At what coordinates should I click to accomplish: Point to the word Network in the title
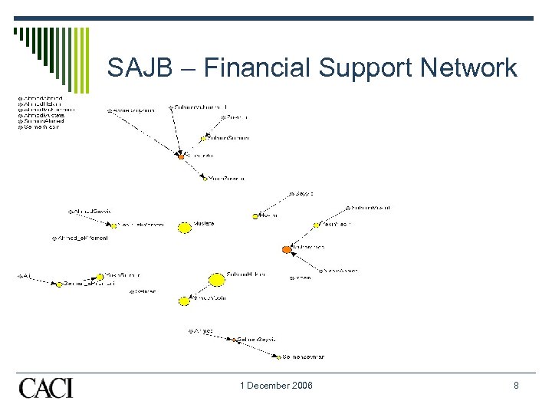(471, 67)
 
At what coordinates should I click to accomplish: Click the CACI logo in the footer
(46, 387)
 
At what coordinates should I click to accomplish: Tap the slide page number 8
(516, 386)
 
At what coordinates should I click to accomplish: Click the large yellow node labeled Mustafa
(185, 228)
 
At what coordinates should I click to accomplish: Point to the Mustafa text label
(204, 224)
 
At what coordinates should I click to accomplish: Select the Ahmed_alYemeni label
(82, 238)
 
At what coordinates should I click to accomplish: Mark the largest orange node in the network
(287, 249)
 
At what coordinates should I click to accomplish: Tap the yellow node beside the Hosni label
(255, 216)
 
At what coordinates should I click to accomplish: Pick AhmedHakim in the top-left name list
(42, 103)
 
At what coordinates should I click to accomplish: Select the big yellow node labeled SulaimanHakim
(216, 280)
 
